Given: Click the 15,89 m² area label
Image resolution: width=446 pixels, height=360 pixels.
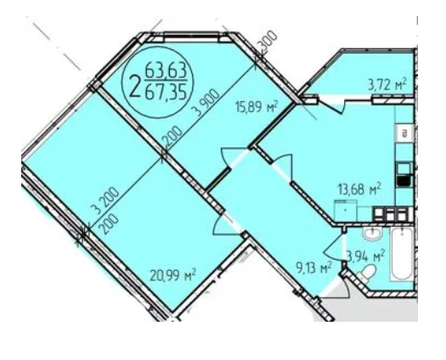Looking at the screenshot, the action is click(x=256, y=108).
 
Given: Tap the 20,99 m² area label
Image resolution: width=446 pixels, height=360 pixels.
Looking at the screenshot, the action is click(x=173, y=275).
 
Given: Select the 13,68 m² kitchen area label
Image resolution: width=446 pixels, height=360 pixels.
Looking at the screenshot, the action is click(x=359, y=189).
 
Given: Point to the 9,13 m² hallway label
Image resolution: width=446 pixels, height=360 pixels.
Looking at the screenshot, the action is click(x=313, y=267).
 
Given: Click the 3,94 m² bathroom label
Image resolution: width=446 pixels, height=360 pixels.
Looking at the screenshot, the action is click(x=366, y=256).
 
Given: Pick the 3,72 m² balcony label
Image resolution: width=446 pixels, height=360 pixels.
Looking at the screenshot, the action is click(x=387, y=85).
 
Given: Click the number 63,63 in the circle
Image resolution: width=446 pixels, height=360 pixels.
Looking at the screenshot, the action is click(x=166, y=70).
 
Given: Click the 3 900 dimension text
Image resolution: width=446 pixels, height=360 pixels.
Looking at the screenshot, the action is click(x=207, y=102).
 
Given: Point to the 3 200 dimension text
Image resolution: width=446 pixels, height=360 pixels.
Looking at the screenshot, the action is click(x=106, y=200).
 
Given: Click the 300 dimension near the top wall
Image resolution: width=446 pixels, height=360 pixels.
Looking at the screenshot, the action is click(x=267, y=42).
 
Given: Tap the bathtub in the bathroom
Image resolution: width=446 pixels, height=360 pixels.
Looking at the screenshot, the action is click(x=401, y=254).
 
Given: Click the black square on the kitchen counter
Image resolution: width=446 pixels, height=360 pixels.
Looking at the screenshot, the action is click(x=404, y=182).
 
